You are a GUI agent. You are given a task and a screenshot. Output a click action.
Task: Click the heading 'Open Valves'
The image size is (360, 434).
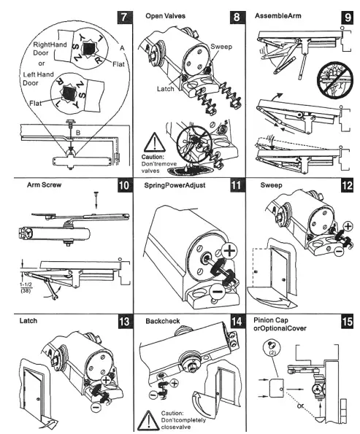166,15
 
